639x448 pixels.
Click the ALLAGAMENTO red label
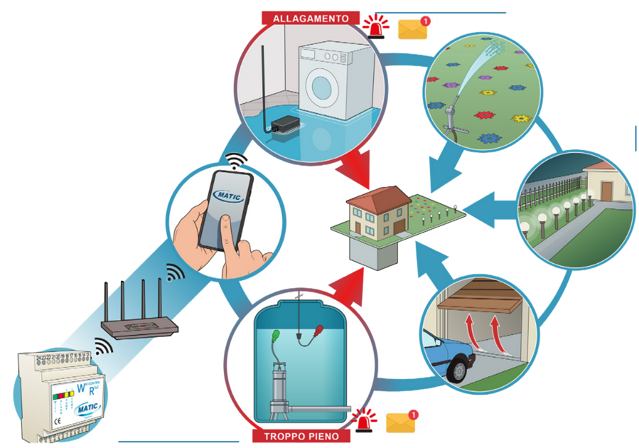click(x=311, y=19)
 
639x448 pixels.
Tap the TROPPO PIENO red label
click(x=301, y=436)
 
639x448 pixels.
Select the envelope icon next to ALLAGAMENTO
click(x=413, y=29)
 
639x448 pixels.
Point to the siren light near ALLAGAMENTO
click(x=376, y=28)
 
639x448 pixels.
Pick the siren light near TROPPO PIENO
click(x=365, y=421)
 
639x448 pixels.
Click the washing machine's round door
click(x=322, y=87)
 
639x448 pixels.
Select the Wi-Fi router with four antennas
click(x=139, y=324)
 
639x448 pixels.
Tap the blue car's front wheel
click(x=458, y=369)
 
